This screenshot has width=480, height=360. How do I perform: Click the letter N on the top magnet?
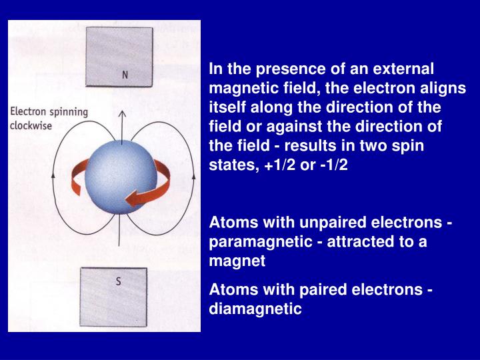pos(125,75)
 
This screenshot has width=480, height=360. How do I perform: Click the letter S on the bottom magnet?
pos(118,281)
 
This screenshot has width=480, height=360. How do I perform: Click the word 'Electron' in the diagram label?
pos(29,112)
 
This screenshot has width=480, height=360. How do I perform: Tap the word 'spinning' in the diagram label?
pos(69,113)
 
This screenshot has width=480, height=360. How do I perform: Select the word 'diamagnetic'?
pos(255,309)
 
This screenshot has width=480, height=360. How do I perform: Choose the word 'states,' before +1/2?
pos(231,164)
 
